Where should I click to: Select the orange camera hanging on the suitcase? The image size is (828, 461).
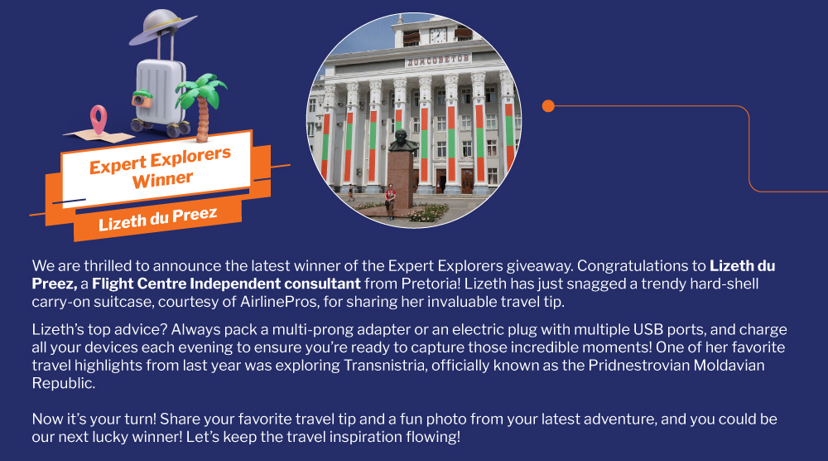142,99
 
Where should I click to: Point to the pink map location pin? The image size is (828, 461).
99,119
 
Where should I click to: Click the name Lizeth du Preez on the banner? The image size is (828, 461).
158,218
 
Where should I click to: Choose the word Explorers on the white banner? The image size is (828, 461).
190,157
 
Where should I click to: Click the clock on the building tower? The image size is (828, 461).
438,36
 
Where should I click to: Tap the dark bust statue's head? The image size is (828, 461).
401,138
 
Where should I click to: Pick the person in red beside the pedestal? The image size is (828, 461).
390,201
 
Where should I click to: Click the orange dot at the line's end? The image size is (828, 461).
548,106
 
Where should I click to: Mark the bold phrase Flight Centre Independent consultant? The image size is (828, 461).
226,284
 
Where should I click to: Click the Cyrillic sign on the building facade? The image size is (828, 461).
437,60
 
